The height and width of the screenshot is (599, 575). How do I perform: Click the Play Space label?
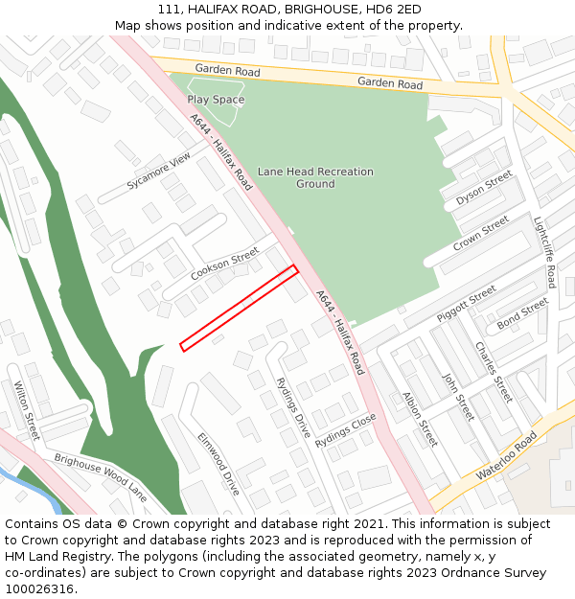[216, 100]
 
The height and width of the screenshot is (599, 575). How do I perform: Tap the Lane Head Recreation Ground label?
[315, 177]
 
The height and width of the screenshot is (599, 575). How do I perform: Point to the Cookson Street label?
[225, 264]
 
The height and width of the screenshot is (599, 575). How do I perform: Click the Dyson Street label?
[484, 189]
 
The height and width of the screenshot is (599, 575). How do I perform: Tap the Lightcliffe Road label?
[544, 252]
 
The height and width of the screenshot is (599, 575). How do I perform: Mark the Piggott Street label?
[467, 303]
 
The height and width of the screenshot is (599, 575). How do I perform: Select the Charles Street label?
[493, 372]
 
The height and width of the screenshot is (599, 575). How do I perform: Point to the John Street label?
[458, 397]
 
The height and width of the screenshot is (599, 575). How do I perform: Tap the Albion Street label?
[420, 419]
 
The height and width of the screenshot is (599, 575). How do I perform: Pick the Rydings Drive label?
[293, 407]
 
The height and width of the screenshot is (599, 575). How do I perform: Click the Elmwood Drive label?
[218, 463]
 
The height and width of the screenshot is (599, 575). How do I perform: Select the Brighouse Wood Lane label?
[100, 477]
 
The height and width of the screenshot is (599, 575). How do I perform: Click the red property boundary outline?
[239, 308]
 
